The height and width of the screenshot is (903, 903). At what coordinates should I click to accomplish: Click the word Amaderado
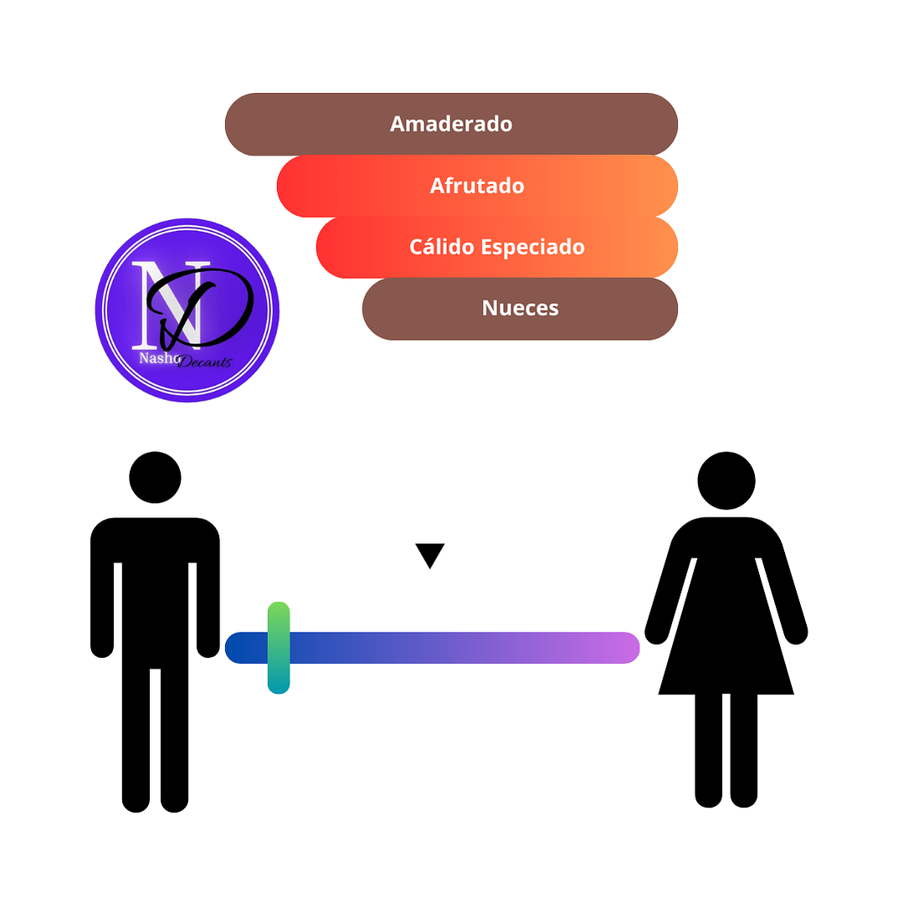point(451,124)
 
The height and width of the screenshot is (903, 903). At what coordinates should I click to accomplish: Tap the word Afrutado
point(477,186)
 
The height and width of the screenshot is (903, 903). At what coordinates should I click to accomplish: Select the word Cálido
point(442,247)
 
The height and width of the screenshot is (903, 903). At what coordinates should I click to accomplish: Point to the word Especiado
point(533,248)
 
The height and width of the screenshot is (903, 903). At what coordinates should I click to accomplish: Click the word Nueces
point(520,308)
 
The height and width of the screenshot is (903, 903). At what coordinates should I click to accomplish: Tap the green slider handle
point(279,648)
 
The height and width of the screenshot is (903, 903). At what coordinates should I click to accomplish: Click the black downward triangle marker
point(429,554)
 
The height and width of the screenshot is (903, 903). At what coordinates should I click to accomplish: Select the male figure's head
point(155,477)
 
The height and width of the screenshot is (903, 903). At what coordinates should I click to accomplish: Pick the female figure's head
point(726,481)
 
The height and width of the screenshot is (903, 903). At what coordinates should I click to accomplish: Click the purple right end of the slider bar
point(625,648)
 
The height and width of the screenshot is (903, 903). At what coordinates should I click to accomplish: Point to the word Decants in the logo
point(205,362)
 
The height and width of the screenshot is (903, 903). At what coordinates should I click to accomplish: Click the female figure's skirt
point(726,651)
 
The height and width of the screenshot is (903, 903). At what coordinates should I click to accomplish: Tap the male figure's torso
point(155,593)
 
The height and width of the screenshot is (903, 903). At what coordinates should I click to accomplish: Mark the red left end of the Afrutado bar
point(296,186)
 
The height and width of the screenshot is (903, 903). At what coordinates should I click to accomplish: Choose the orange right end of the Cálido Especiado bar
point(656,247)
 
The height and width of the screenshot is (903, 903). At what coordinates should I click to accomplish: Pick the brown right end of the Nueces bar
point(656,309)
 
